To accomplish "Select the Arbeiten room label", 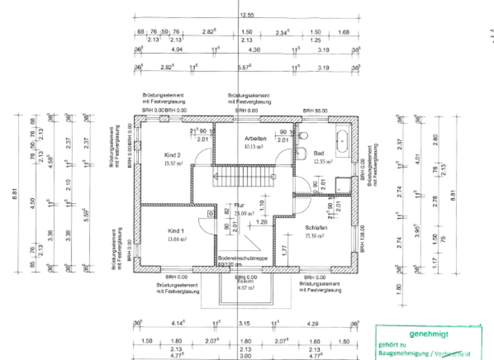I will pos(255,138).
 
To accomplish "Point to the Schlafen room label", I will pos(316,228).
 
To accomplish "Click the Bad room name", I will pos(319,154).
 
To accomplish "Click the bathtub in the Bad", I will pos(342,138).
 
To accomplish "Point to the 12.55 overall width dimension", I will pos(246,14).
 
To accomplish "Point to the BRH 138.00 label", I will pos(362,237).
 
